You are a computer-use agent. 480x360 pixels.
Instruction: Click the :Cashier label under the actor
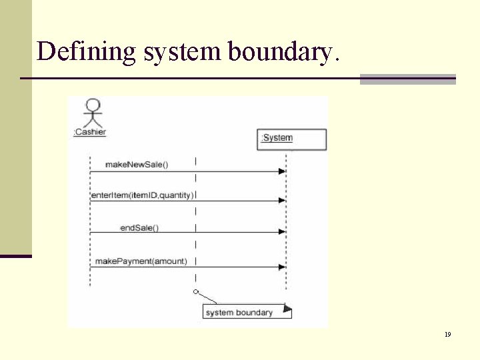[x=89, y=132]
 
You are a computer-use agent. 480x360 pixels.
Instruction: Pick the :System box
[x=291, y=139]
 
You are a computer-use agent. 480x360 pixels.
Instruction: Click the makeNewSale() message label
[x=137, y=165]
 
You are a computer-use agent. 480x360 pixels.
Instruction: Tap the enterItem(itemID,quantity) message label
[x=142, y=195]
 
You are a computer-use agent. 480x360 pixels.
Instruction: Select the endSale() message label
[x=139, y=228]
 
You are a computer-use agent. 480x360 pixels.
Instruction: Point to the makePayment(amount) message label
[x=141, y=261]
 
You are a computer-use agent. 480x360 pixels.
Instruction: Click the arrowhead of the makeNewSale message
[x=282, y=171]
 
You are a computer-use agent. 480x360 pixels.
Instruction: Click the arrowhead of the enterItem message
[x=282, y=200]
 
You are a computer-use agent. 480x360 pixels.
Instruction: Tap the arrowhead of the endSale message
[x=282, y=232]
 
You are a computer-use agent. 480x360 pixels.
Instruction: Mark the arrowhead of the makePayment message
[x=282, y=267]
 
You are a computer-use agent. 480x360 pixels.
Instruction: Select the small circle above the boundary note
[x=195, y=292]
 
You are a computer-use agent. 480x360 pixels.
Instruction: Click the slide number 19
[x=447, y=334]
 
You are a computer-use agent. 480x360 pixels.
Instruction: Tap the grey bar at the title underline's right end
[x=407, y=79]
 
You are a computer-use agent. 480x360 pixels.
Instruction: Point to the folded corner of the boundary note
[x=287, y=309]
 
